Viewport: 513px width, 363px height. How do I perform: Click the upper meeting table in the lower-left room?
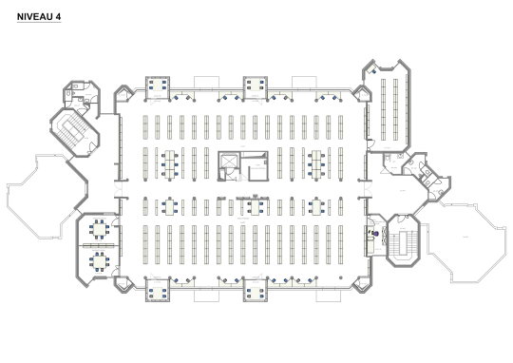click(99, 231)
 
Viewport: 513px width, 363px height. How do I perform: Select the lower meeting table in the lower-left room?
click(99, 258)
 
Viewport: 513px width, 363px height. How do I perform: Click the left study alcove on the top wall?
click(157, 87)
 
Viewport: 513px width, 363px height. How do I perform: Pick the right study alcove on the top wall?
click(255, 87)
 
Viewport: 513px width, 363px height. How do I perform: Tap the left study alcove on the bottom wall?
click(157, 289)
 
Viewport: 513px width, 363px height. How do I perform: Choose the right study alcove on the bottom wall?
click(255, 289)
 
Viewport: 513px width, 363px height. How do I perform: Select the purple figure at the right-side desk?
click(376, 232)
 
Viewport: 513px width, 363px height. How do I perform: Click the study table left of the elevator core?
click(169, 163)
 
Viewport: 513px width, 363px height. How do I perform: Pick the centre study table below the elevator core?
click(255, 206)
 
